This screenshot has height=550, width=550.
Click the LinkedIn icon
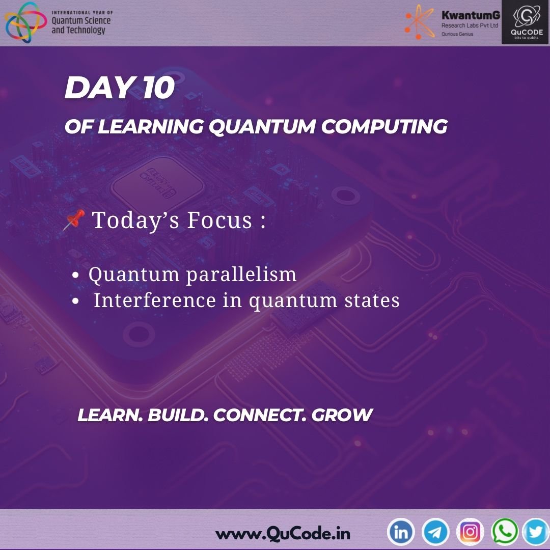pos(401,532)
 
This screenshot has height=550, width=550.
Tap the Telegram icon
pos(435,532)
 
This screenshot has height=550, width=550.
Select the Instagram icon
pos(470,532)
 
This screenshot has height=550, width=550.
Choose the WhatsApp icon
pos(505,531)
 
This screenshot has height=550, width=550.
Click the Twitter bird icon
pos(536,532)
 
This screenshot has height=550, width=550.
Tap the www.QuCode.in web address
pos(283,534)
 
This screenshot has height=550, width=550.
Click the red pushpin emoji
pos(74,219)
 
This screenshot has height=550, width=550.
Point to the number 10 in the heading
pos(158,88)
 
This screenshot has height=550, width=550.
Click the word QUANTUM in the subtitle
pos(262,126)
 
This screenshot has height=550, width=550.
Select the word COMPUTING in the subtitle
pos(384,126)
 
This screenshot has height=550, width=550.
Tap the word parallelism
pos(241,274)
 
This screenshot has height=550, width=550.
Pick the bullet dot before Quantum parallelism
pos(75,275)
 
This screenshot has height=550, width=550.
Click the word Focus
pos(219,221)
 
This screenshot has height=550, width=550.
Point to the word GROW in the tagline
pos(342,415)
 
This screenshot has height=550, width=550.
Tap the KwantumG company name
pos(471,15)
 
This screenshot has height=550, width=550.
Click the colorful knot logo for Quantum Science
pos(25,22)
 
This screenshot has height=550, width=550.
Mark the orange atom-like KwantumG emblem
pos(420,22)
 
